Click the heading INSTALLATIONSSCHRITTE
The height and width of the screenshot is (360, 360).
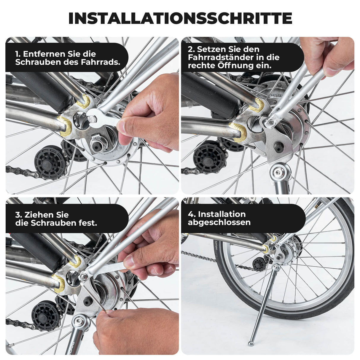tap(180, 18)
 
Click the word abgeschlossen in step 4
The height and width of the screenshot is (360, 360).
tap(219, 222)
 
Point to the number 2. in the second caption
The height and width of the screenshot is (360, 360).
tap(191, 49)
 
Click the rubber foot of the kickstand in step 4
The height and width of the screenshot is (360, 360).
tap(251, 344)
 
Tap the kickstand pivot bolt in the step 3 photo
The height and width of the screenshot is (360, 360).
tap(79, 320)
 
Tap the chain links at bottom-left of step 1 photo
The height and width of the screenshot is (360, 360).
tap(21, 171)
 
